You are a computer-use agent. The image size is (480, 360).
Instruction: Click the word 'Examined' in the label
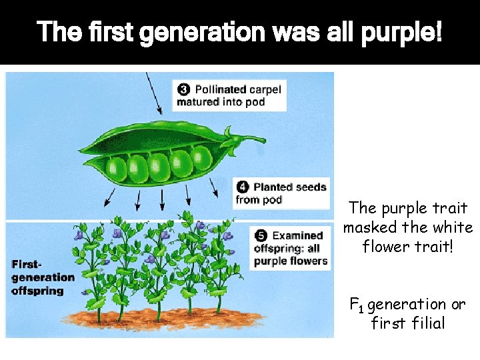[x=298, y=235]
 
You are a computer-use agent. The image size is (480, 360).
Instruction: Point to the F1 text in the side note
[x=357, y=306]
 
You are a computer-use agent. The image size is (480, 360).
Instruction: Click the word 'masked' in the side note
[x=369, y=227]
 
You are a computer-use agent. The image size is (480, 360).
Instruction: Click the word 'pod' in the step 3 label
[x=255, y=102]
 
